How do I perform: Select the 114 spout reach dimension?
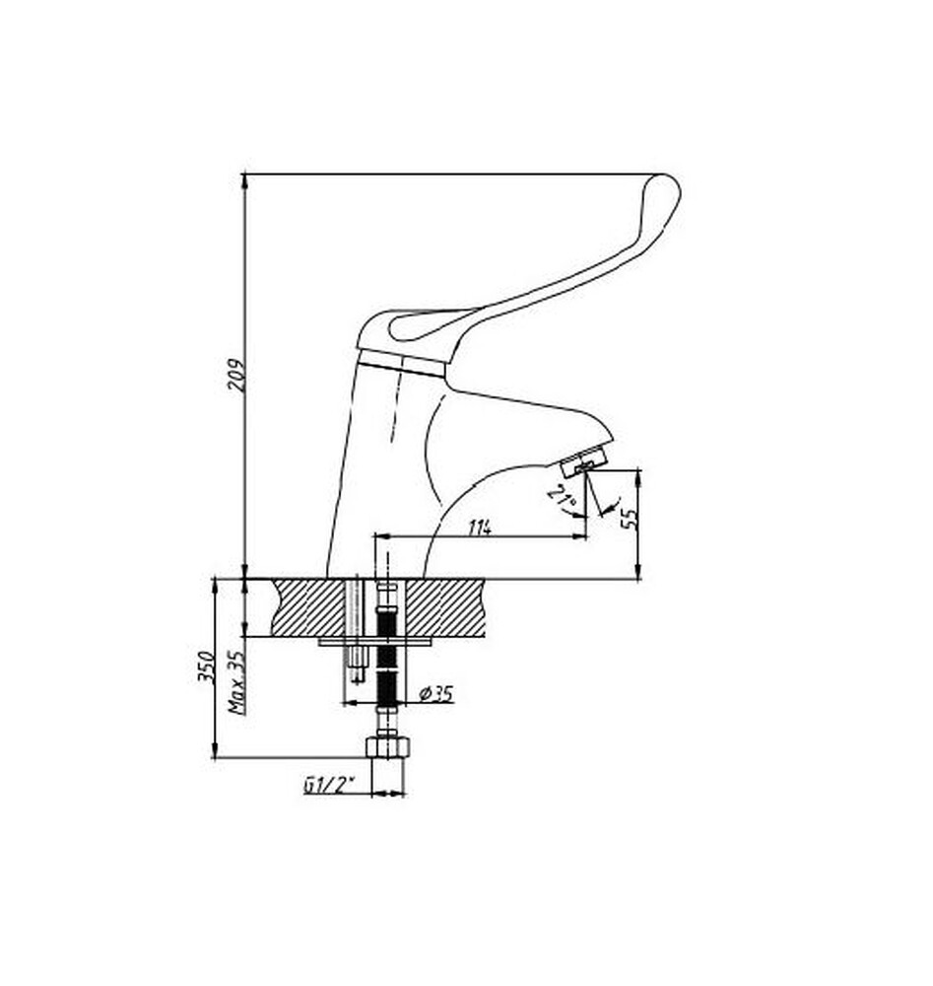[479, 528]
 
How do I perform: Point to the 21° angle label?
[563, 500]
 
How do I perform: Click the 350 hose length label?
[207, 669]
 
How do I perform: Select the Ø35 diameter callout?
[435, 694]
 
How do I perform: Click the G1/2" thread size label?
[329, 786]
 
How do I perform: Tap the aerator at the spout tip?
[582, 459]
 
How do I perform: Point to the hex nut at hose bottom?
[388, 744]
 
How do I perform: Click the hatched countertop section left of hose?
[309, 606]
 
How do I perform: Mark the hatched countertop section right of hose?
[445, 606]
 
